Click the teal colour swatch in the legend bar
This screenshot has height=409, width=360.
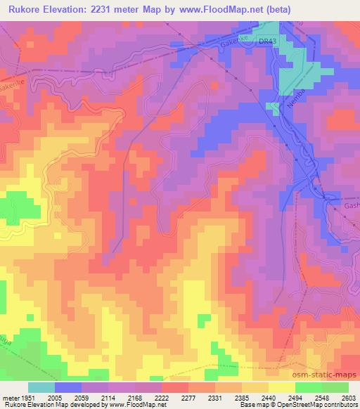[x=41, y=387]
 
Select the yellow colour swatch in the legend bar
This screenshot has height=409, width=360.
[x=281, y=387]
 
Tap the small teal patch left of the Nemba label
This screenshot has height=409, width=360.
[x=272, y=107]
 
